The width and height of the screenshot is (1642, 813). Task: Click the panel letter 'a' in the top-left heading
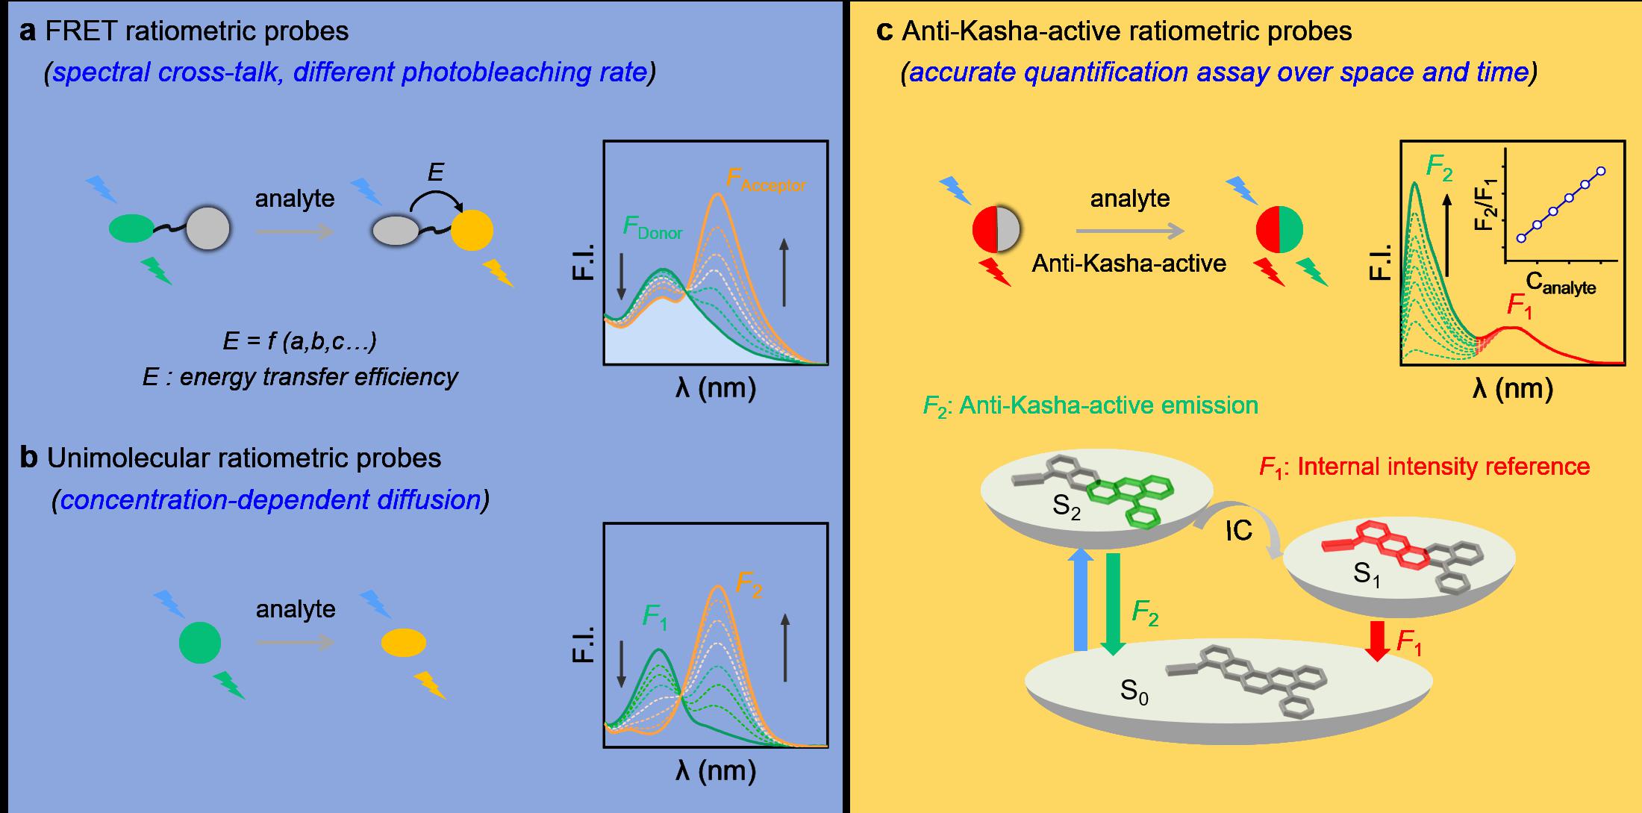pyautogui.click(x=28, y=31)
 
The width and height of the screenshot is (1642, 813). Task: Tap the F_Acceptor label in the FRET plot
pyautogui.click(x=765, y=181)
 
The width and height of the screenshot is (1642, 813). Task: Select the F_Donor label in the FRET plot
pyautogui.click(x=653, y=228)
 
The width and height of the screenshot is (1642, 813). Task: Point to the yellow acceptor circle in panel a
pyautogui.click(x=472, y=230)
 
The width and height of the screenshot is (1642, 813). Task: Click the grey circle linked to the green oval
pyautogui.click(x=208, y=229)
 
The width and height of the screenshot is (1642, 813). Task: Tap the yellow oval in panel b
pyautogui.click(x=404, y=643)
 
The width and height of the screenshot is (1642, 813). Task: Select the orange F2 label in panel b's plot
pyautogui.click(x=749, y=584)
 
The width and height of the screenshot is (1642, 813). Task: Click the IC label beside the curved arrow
pyautogui.click(x=1239, y=531)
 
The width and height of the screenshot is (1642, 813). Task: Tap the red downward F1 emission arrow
pyautogui.click(x=1377, y=641)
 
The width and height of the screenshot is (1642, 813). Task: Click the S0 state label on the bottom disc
pyautogui.click(x=1134, y=691)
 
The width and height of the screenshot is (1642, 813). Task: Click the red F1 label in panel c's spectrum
pyautogui.click(x=1519, y=306)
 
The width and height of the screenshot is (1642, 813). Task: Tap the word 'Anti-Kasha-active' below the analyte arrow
pyautogui.click(x=1129, y=263)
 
